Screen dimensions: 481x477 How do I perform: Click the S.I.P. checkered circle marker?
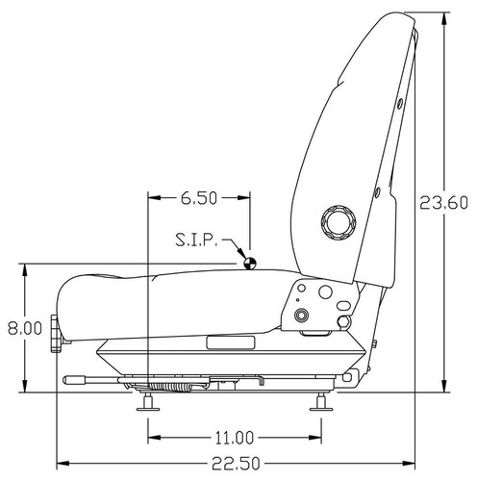[x=250, y=261]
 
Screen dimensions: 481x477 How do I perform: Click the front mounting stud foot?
[x=147, y=404]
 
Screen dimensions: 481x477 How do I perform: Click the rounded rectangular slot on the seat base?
[x=231, y=342]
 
